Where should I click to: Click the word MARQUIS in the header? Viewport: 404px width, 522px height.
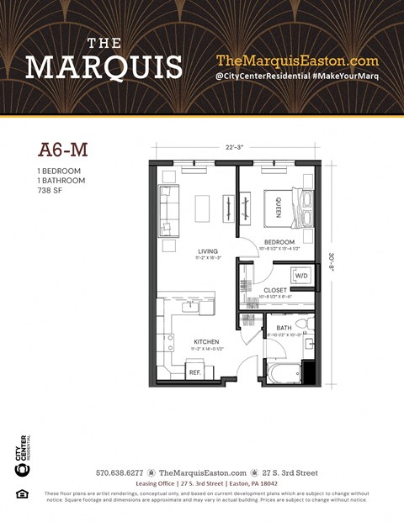click(x=104, y=66)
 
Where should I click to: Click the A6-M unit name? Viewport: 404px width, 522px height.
click(x=64, y=150)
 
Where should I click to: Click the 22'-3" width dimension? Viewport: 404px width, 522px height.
click(x=235, y=148)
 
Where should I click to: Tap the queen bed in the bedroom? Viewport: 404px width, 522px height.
click(x=283, y=207)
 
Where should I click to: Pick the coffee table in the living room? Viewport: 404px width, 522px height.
click(x=202, y=208)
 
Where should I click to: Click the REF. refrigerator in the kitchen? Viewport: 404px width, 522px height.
click(x=194, y=371)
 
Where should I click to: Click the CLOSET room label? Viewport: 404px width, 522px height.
click(x=275, y=290)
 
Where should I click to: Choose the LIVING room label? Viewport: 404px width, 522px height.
click(x=207, y=250)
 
